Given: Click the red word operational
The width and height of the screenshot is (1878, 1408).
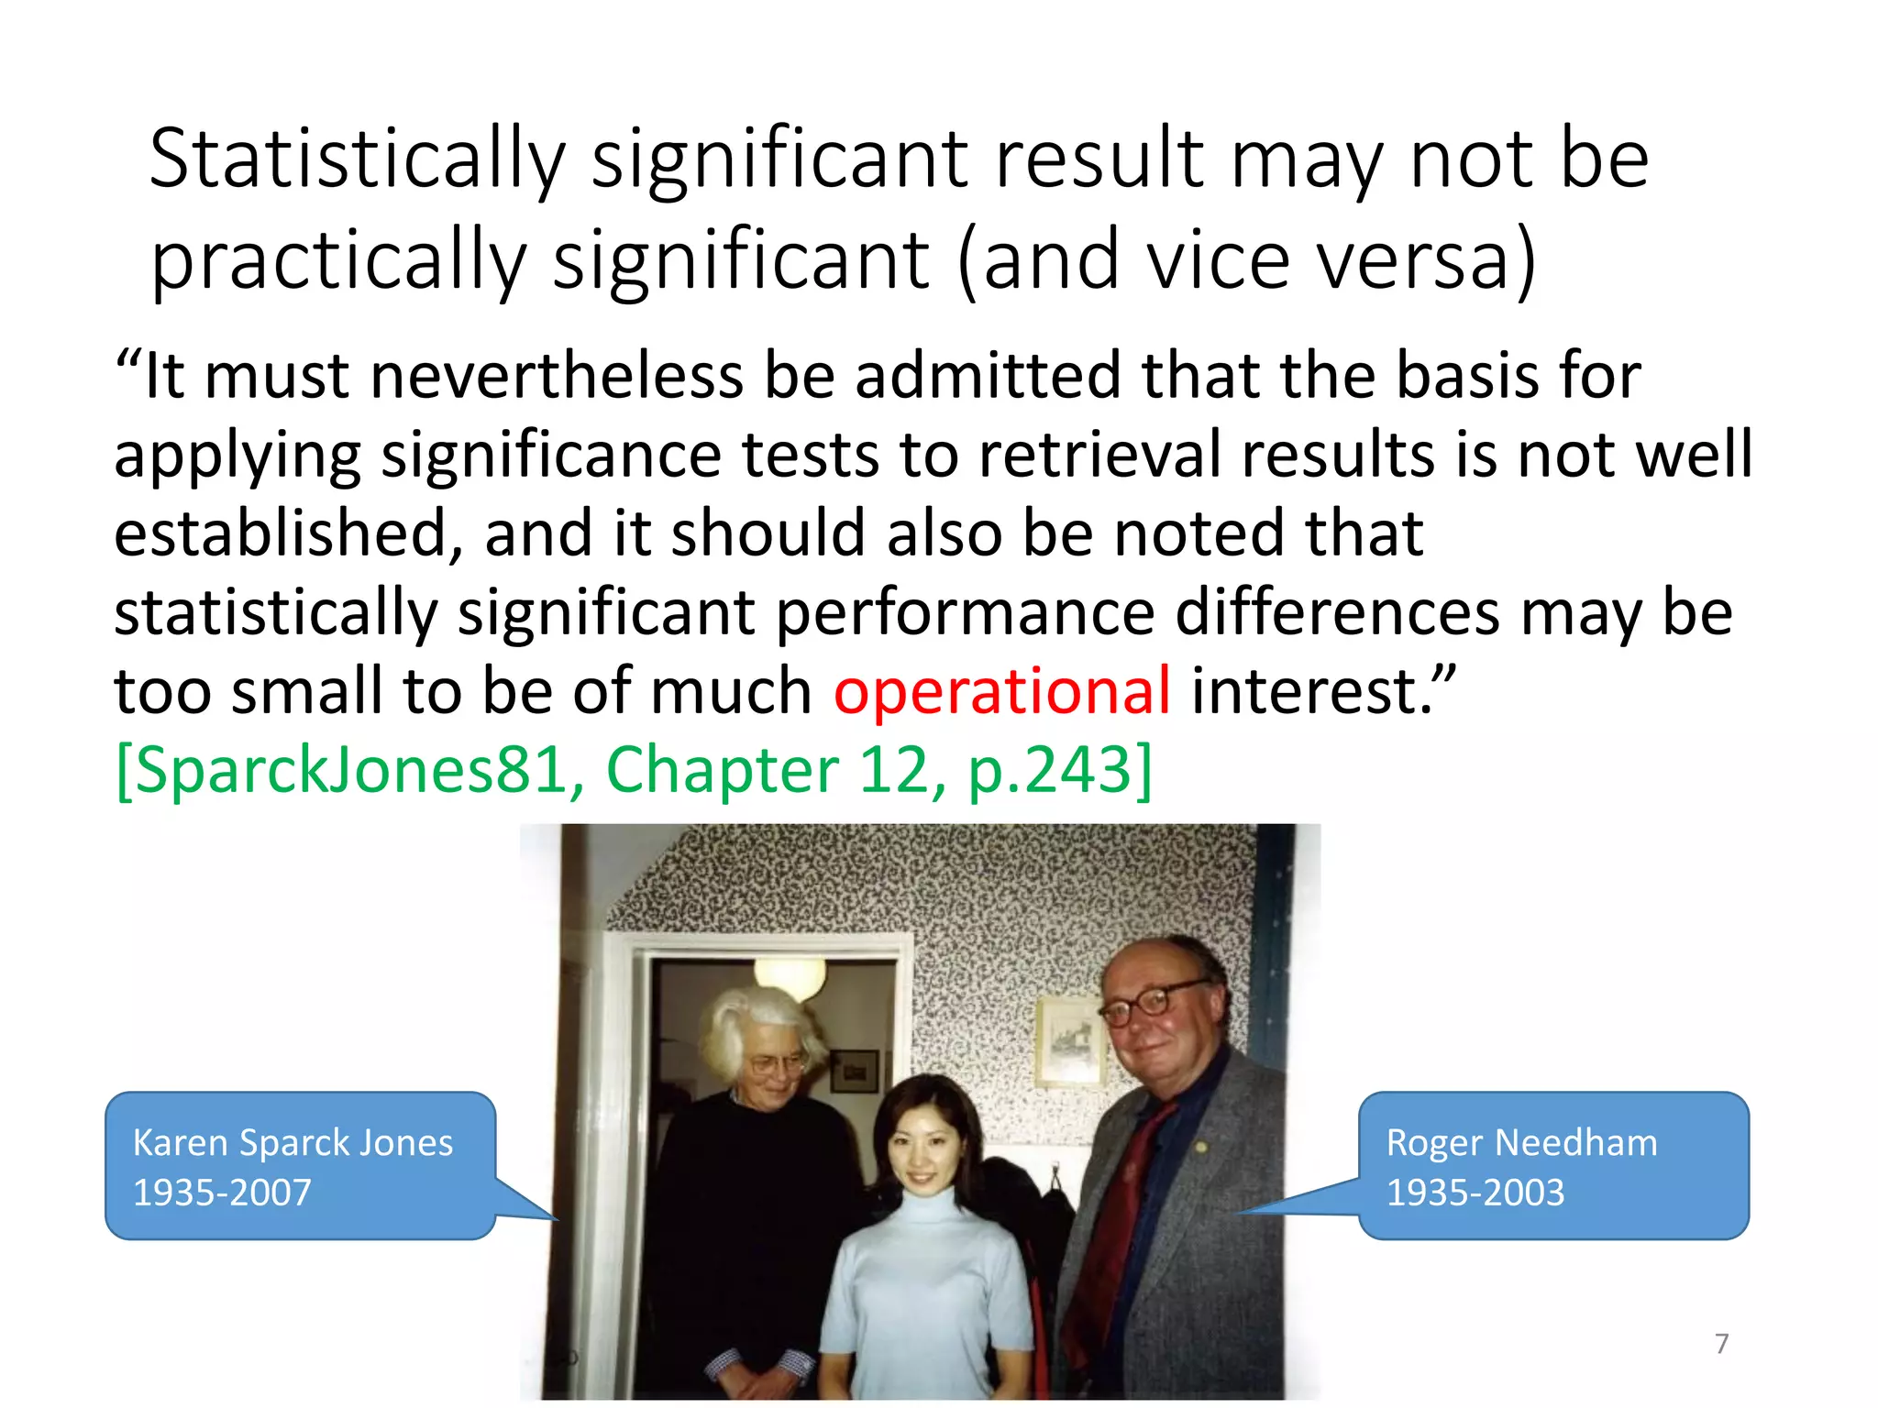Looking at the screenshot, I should pyautogui.click(x=1001, y=690).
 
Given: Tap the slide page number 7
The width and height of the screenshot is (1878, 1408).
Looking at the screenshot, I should pyautogui.click(x=1721, y=1344).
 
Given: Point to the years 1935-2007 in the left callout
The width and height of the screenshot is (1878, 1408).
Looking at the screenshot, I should pyautogui.click(x=222, y=1193).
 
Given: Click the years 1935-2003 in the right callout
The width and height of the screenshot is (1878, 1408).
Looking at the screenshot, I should pyautogui.click(x=1475, y=1193).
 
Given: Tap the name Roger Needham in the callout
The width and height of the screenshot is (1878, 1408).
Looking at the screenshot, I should pyautogui.click(x=1521, y=1143).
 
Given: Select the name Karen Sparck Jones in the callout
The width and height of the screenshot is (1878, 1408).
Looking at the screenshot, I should pyautogui.click(x=293, y=1143).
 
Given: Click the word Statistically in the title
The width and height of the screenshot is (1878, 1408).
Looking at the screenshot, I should pyautogui.click(x=358, y=160).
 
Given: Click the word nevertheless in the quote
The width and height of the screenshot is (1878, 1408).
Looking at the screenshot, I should pyautogui.click(x=557, y=376).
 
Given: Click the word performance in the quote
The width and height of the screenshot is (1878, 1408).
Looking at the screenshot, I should pyautogui.click(x=966, y=612).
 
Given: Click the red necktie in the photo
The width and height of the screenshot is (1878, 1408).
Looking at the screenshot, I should pyautogui.click(x=1123, y=1210).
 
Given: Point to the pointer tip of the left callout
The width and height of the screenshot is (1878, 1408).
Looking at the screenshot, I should pyautogui.click(x=557, y=1219).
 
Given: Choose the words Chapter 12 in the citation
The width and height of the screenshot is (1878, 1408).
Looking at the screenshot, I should pyautogui.click(x=767, y=770).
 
